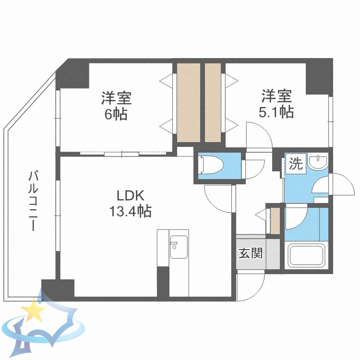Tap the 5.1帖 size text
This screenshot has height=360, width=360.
(277, 112)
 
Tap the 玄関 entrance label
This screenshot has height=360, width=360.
(251, 253)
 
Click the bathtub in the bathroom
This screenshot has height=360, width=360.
(307, 255)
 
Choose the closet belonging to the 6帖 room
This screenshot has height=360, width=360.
(188, 102)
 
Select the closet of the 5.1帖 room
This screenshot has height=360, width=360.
(212, 102)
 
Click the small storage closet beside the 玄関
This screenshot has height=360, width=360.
(275, 220)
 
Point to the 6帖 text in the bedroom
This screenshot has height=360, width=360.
(116, 115)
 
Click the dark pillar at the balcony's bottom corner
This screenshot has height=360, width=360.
(58, 289)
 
